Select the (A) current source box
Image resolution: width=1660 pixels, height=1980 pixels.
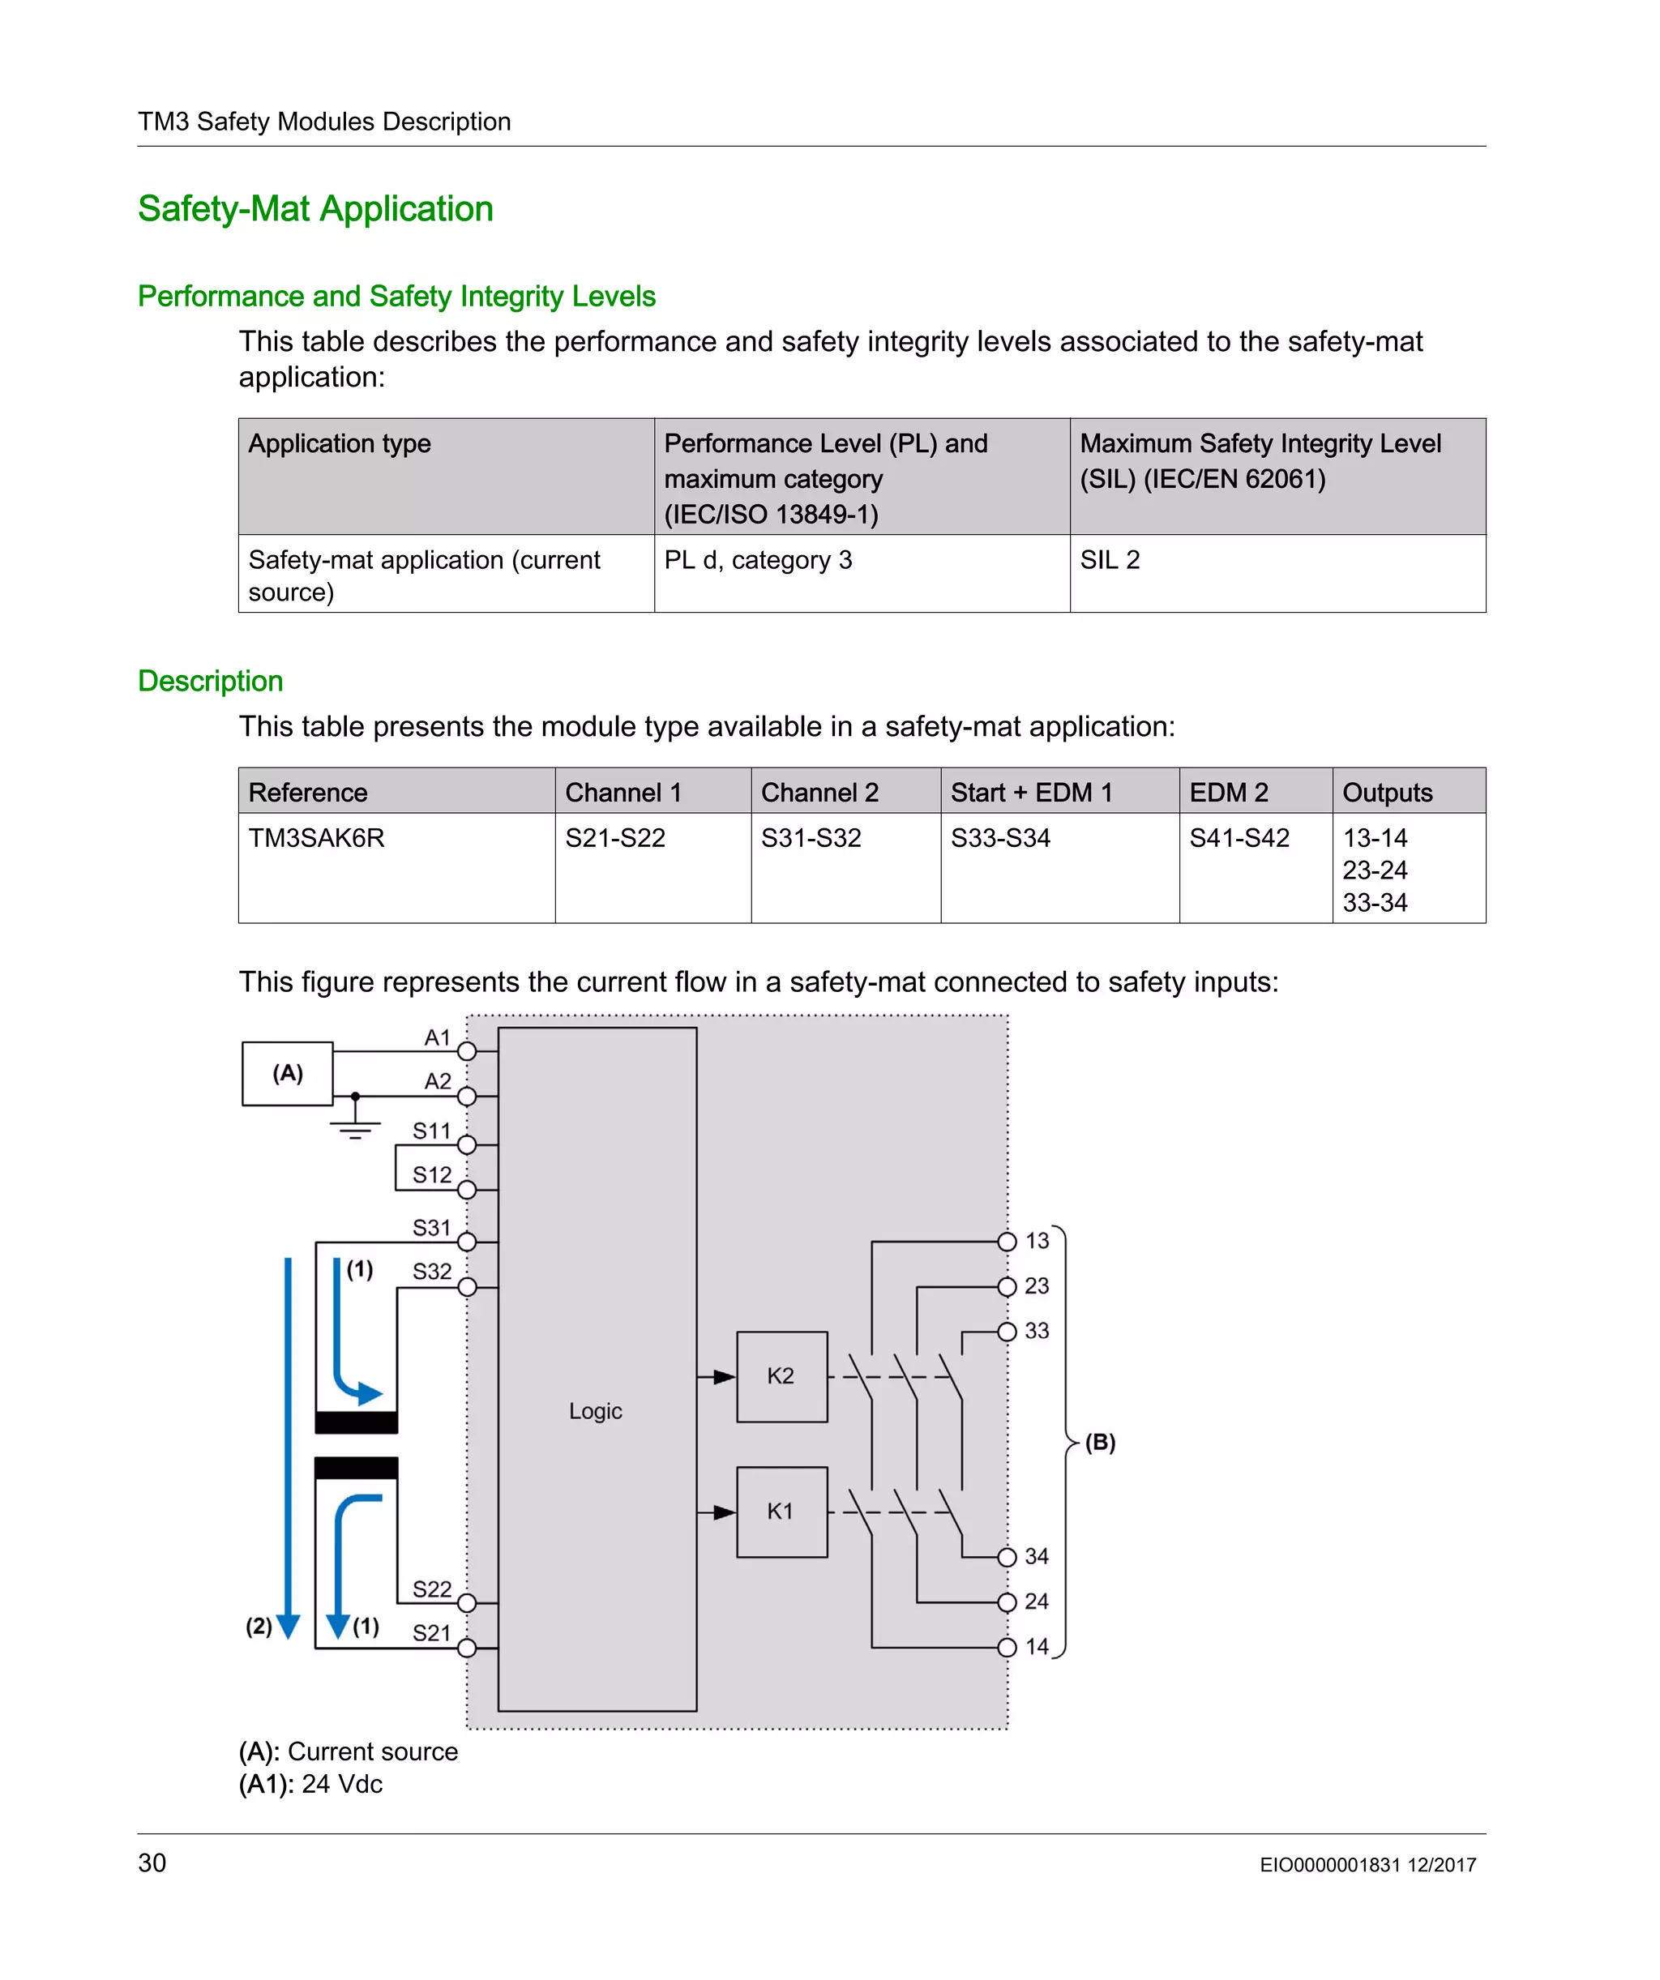[288, 1073]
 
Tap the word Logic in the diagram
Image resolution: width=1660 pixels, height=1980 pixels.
[595, 1412]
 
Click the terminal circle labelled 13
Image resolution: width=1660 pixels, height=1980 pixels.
[1007, 1242]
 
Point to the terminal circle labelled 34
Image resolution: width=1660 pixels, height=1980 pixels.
[1007, 1557]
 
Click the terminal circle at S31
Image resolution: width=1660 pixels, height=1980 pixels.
[467, 1242]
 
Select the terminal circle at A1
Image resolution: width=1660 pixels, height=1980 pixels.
[467, 1051]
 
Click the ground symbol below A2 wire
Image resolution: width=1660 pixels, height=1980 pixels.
[355, 1129]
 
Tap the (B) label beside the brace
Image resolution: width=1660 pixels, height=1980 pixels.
[1100, 1443]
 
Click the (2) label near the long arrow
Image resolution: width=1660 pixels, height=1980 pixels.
[259, 1627]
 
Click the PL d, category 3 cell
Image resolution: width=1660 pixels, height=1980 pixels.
[757, 560]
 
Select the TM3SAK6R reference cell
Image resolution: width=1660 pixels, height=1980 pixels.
[316, 838]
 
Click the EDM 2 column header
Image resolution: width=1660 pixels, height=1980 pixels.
[1228, 793]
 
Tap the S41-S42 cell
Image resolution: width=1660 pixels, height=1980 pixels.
[1239, 838]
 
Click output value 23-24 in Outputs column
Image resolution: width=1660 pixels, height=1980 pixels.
[1374, 870]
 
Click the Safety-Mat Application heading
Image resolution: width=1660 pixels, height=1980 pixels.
[315, 208]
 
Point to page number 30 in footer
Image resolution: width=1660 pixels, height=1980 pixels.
[152, 1863]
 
